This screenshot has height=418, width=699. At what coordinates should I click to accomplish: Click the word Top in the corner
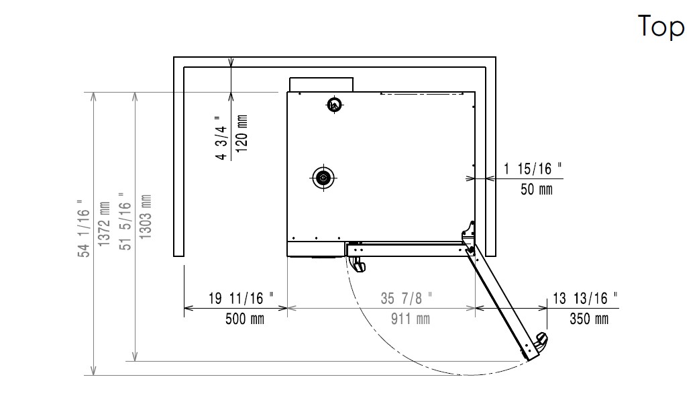coord(661,27)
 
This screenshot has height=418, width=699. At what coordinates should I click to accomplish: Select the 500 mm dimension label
coord(245,319)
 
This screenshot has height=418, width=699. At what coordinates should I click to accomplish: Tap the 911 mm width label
coord(410,319)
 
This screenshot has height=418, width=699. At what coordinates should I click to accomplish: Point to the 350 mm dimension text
coord(589,319)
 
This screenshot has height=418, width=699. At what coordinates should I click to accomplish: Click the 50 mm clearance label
coord(537,189)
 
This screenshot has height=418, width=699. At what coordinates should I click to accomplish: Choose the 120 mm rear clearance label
coord(241,134)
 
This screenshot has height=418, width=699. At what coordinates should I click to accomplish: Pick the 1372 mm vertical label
coord(105,223)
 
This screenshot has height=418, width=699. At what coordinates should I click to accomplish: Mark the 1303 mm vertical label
coord(146,217)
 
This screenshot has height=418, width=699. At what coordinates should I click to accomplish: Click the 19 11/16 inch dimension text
coord(241,298)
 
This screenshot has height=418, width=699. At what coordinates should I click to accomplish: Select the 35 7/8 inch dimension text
coord(406,298)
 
